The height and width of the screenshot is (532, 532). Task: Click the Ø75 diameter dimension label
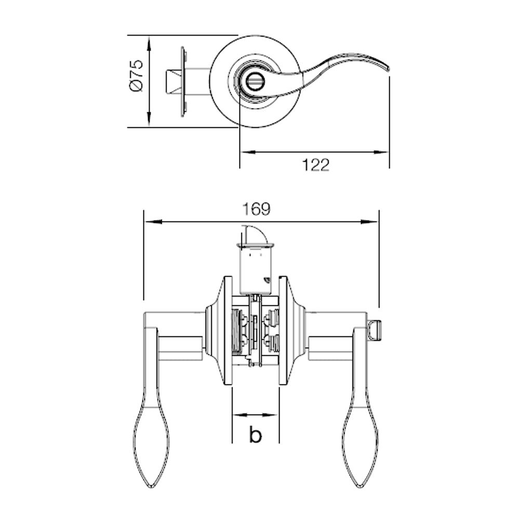136,76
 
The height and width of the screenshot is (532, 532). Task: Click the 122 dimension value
315,165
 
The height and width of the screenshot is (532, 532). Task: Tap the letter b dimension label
255,435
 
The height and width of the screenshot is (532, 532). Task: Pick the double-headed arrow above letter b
255,415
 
